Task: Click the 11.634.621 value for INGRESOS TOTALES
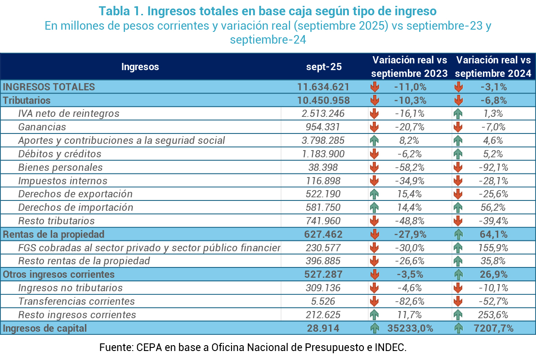coord(323,87)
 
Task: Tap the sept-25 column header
coord(324,67)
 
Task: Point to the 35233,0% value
coord(410,328)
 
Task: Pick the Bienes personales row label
coord(60,167)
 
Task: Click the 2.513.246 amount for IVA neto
coord(323,114)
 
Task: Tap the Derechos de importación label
coord(76,207)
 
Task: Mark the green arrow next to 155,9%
coord(458,248)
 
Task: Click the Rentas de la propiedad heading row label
coord(54,234)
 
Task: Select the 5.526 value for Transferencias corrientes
coord(323,301)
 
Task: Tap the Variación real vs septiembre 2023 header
coord(410,67)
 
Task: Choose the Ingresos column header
coord(140,67)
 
